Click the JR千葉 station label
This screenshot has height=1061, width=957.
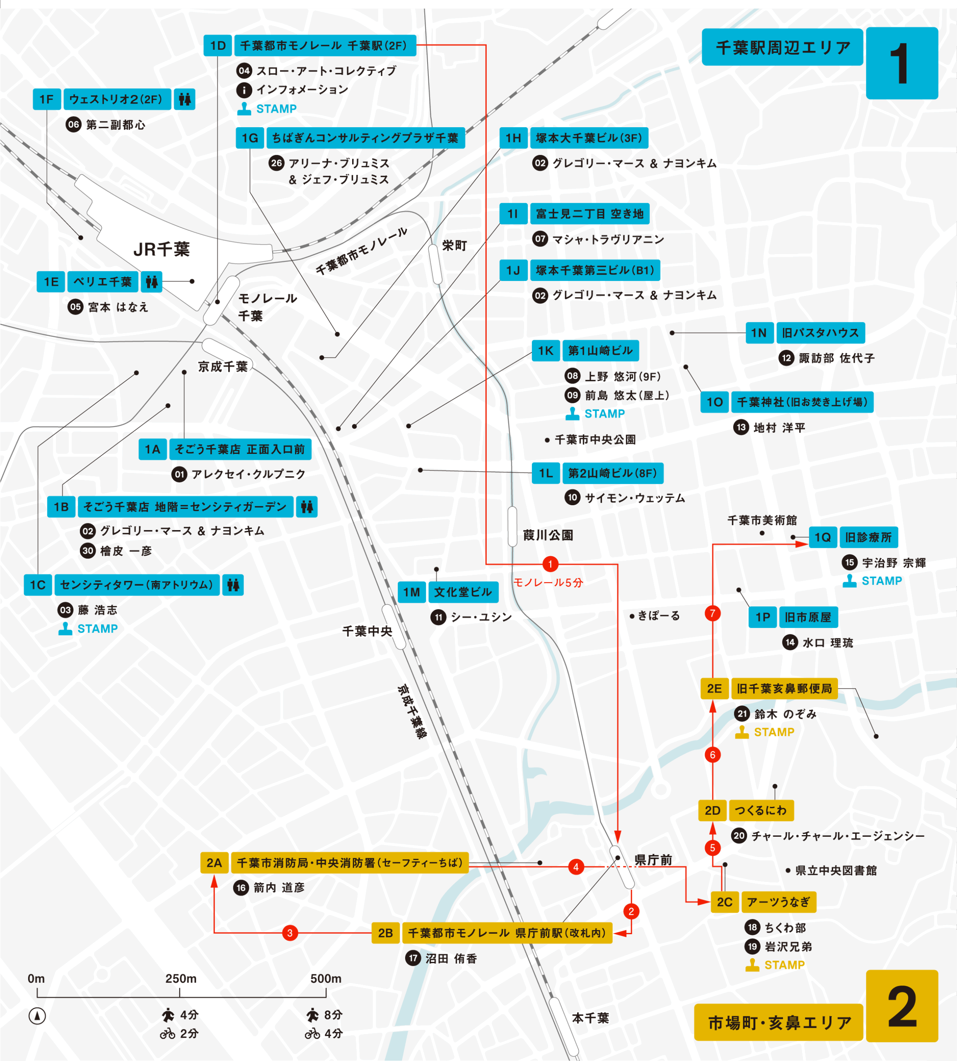[x=162, y=249]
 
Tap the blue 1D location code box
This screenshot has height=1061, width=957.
[x=217, y=46]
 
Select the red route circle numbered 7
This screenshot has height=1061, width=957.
[x=713, y=613]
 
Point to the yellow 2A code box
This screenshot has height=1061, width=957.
[x=214, y=863]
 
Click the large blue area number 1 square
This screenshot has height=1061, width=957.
[x=902, y=63]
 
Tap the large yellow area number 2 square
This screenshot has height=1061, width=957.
[x=902, y=1006]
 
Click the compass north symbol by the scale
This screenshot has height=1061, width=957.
[x=37, y=1016]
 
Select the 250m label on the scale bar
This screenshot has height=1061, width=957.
[x=181, y=979]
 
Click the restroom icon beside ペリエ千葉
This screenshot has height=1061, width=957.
[x=152, y=282]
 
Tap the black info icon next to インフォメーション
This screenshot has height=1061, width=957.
[x=244, y=90]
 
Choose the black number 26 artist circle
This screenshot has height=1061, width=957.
[x=277, y=163]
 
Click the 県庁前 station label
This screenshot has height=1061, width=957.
[x=653, y=860]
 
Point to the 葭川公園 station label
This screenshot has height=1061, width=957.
[x=548, y=535]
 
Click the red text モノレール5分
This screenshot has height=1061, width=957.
[x=548, y=582]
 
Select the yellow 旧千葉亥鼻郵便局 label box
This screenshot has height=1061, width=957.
[x=784, y=688]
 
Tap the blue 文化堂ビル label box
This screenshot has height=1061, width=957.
[x=463, y=592]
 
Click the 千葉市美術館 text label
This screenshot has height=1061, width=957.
[x=762, y=520]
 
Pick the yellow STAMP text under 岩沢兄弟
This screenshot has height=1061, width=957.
[x=784, y=965]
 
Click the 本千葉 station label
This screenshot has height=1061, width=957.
[x=590, y=1018]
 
